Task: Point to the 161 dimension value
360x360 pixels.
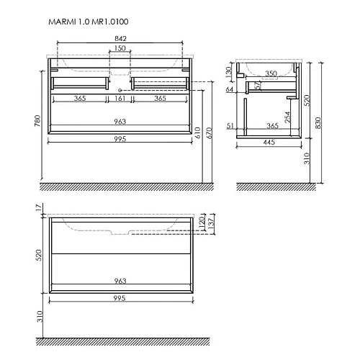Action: click(120, 98)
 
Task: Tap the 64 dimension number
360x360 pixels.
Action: click(229, 90)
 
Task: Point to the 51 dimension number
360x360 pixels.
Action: click(230, 126)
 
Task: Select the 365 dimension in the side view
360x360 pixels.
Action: click(273, 126)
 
